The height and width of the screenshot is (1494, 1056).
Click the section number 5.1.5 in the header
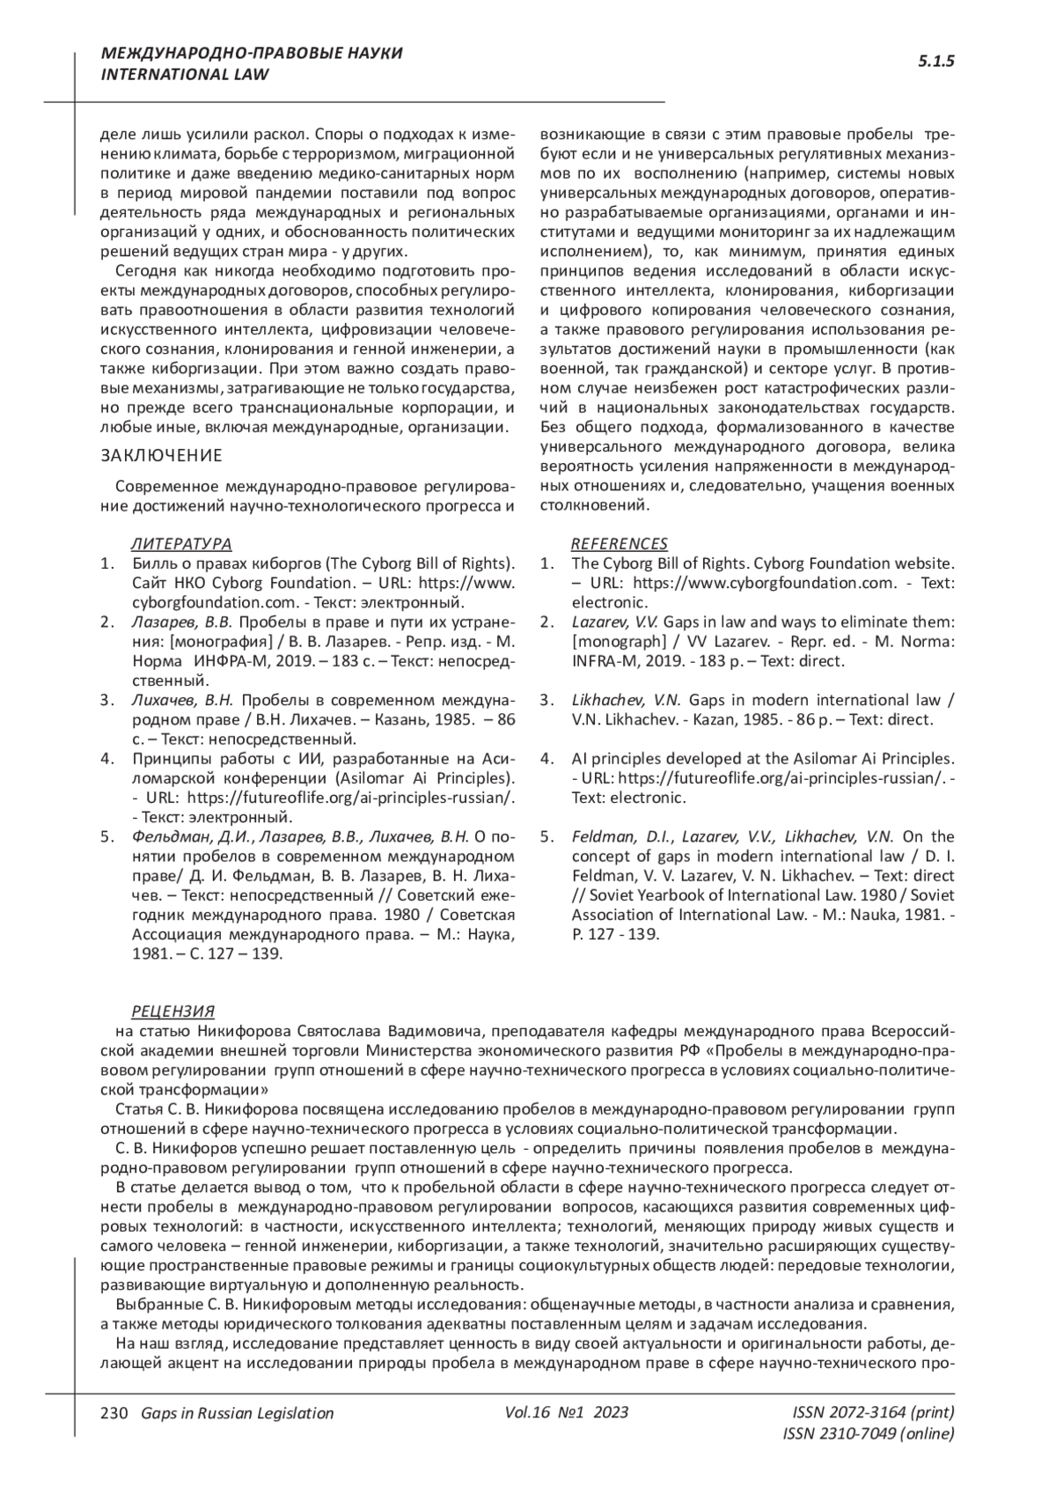pos(936,62)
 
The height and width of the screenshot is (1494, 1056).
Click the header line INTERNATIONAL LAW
pos(185,75)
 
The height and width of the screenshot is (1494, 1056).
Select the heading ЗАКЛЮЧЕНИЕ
pos(161,455)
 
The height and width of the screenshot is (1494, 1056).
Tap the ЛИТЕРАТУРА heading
pos(181,544)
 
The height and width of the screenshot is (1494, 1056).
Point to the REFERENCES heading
pos(620,544)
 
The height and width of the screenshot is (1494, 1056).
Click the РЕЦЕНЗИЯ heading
pos(173,1012)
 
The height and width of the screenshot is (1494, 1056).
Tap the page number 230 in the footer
pos(115,1413)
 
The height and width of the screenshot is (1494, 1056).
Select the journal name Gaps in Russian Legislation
pos(231,1413)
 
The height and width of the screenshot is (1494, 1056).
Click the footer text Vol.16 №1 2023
pos(567,1412)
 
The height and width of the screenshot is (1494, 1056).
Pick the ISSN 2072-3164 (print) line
pos(873,1412)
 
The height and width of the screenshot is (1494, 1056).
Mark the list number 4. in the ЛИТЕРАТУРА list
pos(107,759)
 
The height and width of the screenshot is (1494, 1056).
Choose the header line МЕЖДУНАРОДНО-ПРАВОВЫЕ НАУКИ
pos(252,54)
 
